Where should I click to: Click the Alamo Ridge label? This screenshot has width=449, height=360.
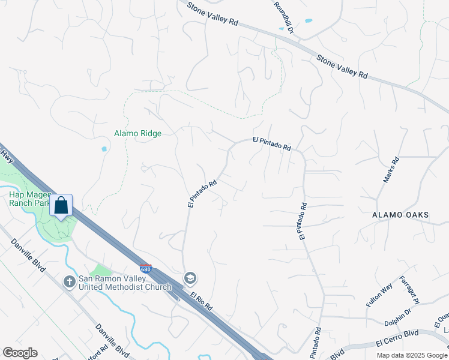click(x=138, y=133)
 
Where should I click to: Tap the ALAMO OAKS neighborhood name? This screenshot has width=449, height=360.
click(x=400, y=215)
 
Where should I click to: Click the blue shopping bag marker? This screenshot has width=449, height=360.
click(x=61, y=206)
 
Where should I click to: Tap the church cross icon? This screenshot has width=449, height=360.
click(x=70, y=280)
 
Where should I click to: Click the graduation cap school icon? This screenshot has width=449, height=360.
click(x=190, y=278)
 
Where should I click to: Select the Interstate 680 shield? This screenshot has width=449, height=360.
click(x=145, y=268)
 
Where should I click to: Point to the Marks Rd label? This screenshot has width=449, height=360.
click(x=391, y=170)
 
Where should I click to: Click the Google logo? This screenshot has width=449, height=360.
click(x=20, y=353)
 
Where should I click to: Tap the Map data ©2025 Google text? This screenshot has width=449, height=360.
click(x=411, y=355)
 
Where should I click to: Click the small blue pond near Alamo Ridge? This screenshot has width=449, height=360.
click(x=104, y=149)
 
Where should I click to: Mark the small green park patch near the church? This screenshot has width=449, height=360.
click(x=101, y=271)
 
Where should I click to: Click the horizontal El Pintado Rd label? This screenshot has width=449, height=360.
click(x=271, y=143)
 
